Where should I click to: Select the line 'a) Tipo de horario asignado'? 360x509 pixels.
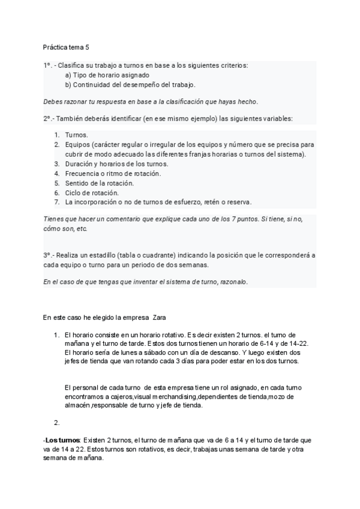pyautogui.click(x=107, y=75)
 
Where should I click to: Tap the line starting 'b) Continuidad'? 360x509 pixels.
pyautogui.click(x=130, y=85)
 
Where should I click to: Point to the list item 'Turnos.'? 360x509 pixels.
pyautogui.click(x=76, y=135)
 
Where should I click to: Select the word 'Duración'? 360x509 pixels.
pyautogui.click(x=80, y=164)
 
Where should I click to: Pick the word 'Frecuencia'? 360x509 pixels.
pyautogui.click(x=83, y=173)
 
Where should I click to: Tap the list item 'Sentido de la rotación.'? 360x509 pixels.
pyautogui.click(x=99, y=183)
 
